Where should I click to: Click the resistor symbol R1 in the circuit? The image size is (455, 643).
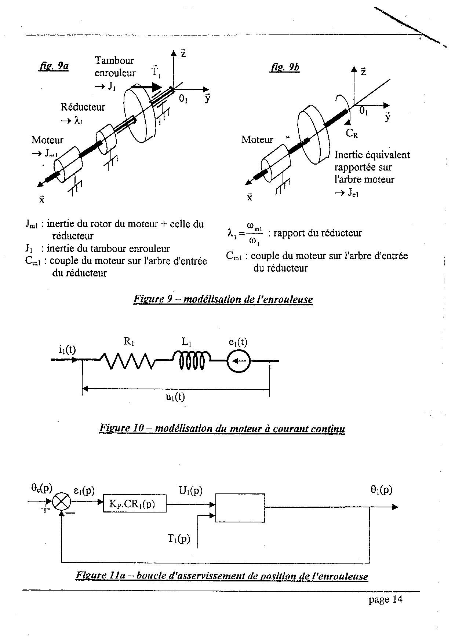click(x=128, y=361)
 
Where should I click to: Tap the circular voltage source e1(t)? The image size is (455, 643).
click(x=239, y=361)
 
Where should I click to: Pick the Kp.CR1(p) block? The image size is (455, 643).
click(x=134, y=504)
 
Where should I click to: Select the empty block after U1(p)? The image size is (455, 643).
click(x=240, y=508)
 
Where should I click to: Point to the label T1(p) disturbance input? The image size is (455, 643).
click(x=179, y=538)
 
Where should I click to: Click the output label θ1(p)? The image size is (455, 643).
click(x=381, y=490)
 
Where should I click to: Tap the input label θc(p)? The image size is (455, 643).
click(x=42, y=488)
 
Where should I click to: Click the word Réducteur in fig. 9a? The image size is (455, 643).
click(x=83, y=107)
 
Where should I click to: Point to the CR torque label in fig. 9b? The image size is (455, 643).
click(x=352, y=134)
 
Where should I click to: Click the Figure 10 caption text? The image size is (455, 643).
click(x=222, y=428)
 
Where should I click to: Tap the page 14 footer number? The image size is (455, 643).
click(x=386, y=599)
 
